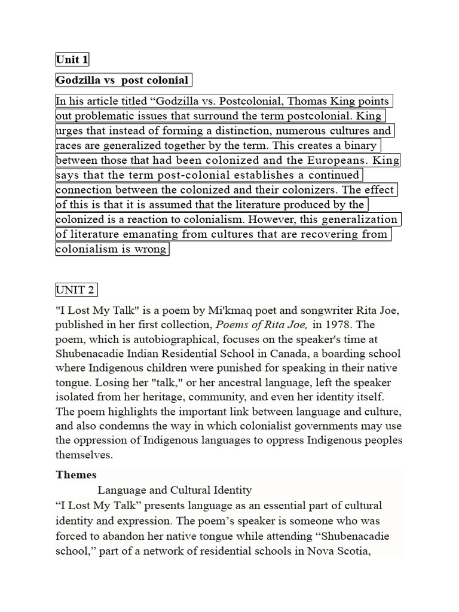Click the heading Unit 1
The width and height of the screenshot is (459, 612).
[72, 59]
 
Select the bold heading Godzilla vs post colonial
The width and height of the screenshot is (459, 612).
[123, 80]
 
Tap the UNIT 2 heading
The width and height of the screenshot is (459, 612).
[75, 290]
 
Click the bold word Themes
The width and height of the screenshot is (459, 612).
[76, 475]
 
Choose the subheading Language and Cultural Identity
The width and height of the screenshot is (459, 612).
[175, 490]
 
